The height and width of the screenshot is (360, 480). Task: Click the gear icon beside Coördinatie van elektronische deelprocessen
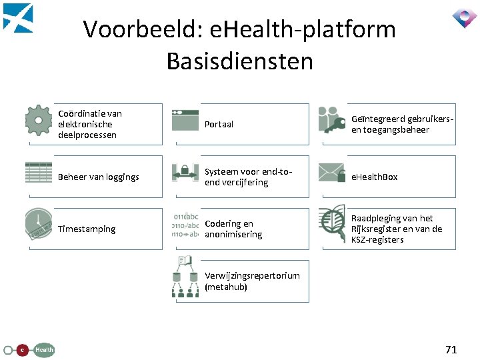coord(39,121)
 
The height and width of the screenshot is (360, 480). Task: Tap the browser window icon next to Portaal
coord(185,119)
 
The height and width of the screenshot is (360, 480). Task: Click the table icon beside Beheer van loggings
coord(39,173)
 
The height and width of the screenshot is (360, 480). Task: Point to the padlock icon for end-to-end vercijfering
coord(185,173)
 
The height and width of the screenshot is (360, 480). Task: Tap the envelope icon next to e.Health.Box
coord(331,172)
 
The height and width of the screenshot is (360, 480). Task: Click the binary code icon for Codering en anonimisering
coord(185,225)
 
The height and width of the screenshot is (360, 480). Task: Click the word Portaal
coord(219,124)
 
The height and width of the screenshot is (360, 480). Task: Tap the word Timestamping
coord(87,229)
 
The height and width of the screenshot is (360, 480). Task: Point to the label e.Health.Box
coord(375,177)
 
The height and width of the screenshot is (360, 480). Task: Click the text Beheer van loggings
coord(99,177)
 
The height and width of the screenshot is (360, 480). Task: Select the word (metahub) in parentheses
coord(226,287)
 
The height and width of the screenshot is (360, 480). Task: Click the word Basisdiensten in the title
coord(239,61)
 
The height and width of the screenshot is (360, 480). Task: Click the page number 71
coord(451,349)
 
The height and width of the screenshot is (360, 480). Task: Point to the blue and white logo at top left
coord(18,18)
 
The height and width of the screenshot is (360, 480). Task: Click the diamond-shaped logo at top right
coord(464,18)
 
